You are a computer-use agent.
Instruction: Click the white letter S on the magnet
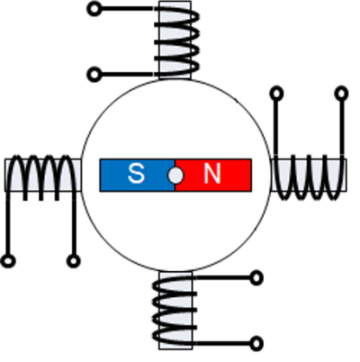(136, 174)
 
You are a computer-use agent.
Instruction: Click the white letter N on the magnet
(212, 174)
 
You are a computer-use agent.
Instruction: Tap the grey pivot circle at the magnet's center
(175, 176)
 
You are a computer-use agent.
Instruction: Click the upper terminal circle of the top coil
(94, 9)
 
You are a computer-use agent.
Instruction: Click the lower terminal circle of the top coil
(94, 74)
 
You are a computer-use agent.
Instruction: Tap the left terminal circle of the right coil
(276, 94)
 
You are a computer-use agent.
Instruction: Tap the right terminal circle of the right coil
(341, 94)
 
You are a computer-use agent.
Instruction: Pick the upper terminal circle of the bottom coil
(256, 278)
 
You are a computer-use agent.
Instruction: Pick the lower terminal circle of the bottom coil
(256, 343)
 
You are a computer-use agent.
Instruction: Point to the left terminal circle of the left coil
(8, 261)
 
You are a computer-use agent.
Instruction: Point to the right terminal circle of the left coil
(74, 261)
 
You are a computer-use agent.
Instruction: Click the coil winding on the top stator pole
(176, 40)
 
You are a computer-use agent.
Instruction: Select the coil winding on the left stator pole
(41, 177)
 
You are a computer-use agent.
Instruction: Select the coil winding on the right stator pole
(309, 177)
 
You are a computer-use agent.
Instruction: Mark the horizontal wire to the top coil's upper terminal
(127, 8)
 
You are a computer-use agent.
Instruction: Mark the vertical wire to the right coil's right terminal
(342, 128)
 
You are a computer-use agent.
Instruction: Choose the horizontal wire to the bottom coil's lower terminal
(223, 343)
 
